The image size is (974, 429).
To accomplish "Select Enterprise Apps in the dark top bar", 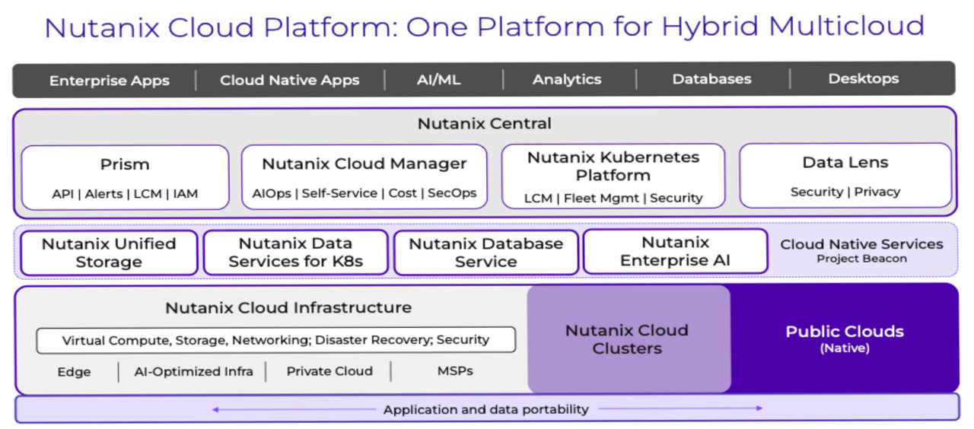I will [110, 80].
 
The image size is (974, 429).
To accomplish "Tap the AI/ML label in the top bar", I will [439, 79].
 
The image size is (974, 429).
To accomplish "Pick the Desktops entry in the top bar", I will [863, 78].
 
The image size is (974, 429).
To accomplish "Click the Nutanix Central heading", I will [485, 123].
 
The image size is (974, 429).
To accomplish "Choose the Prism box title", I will [125, 164].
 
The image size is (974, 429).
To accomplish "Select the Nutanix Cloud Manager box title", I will [364, 164].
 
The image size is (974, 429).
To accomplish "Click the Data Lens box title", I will [845, 162].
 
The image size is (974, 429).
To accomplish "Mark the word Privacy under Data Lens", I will [877, 192].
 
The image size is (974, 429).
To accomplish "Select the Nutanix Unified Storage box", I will [109, 253].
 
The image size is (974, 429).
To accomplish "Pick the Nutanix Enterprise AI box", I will [675, 252].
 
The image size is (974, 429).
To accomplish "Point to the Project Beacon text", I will [861, 259].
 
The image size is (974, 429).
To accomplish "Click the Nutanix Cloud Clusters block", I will [627, 339].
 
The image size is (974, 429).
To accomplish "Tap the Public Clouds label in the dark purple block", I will [845, 332].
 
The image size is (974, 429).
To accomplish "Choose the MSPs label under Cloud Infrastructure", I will [455, 371].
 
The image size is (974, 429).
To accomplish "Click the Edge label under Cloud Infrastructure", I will [74, 372].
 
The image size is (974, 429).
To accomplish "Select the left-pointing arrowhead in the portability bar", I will [216, 409].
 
